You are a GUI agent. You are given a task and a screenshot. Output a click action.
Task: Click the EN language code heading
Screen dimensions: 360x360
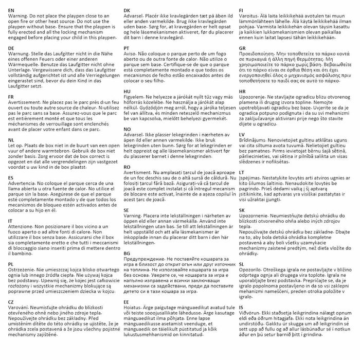(11, 10)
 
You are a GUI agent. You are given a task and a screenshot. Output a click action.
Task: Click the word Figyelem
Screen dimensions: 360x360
(137, 97)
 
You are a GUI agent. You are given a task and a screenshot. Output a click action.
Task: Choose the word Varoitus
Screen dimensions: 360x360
(250, 16)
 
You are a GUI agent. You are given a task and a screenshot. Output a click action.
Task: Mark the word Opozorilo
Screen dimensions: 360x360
(254, 269)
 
